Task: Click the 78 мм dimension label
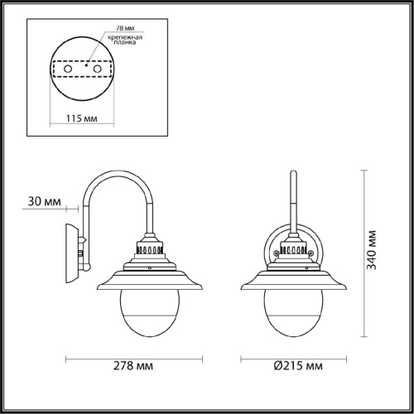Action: pos(125,28)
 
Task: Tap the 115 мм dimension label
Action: pos(82,118)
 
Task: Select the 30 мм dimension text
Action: pos(45,201)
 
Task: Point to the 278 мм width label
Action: pos(133,366)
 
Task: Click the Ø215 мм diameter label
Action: pos(298,366)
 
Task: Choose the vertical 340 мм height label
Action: pos(371,250)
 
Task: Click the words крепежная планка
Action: pos(125,40)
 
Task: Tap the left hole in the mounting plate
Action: pos(68,69)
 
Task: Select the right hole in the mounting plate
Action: pos(97,69)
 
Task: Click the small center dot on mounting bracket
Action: pos(86,65)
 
